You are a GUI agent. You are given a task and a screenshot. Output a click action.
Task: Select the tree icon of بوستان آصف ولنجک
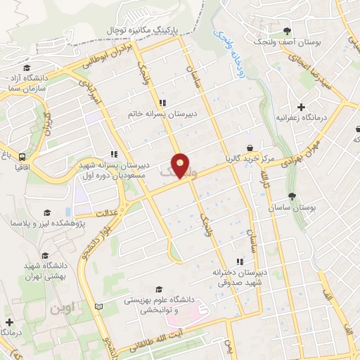pos(288,30)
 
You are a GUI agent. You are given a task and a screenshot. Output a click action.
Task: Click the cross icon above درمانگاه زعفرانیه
pos(302,107)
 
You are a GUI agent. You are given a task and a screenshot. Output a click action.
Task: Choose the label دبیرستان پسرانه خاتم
pos(162,112)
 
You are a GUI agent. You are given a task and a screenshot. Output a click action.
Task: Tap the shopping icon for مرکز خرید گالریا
pos(250,148)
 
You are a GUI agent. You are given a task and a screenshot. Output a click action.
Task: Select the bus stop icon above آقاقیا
pos(23,157)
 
